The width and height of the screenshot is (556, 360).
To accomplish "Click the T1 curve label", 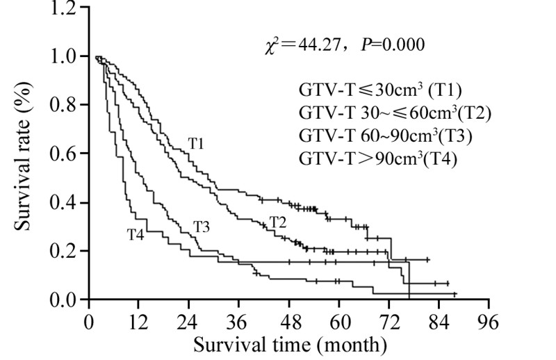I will point(196,142).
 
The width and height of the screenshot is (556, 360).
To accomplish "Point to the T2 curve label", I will point(279,222).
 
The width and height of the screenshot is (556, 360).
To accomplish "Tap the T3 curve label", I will point(202,227).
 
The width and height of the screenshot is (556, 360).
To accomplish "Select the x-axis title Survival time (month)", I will point(288,344).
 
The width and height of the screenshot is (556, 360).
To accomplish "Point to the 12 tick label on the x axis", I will point(138,322).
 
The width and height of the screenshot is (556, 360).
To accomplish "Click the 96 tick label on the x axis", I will point(489,322).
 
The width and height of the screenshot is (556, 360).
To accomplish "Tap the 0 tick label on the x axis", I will point(88,322).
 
